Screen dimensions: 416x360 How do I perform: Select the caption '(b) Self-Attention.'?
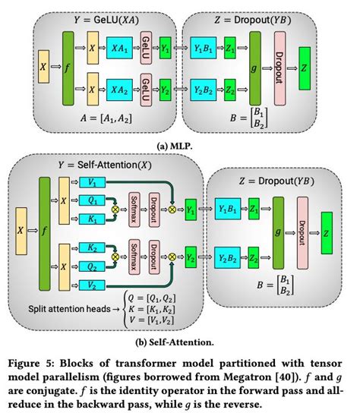(x=180, y=343)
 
